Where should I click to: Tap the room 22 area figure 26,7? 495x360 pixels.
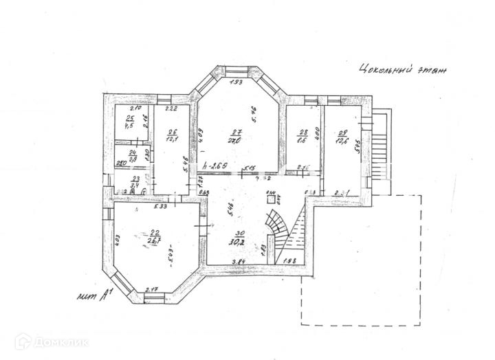click(x=155, y=240)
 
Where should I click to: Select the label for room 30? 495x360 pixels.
click(x=240, y=234)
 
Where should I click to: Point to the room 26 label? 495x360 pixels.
click(x=172, y=132)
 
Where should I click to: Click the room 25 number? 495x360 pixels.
click(x=129, y=119)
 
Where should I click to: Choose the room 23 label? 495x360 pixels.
click(x=136, y=177)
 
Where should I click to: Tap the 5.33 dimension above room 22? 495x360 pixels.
click(x=160, y=206)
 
